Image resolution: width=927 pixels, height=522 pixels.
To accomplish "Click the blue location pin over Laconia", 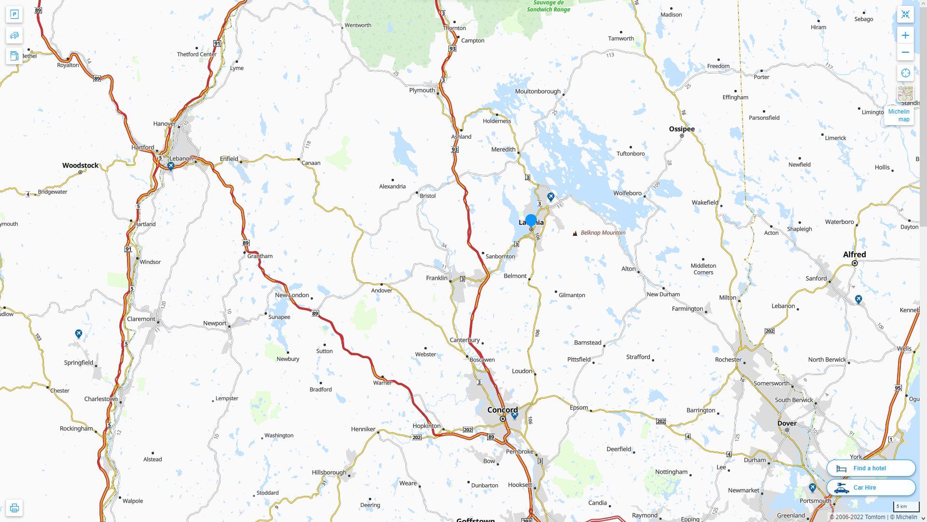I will tap(531, 221).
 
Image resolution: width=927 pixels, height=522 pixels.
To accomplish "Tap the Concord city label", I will tap(502, 410).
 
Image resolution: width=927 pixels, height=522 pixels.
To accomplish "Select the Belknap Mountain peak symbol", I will tap(575, 233).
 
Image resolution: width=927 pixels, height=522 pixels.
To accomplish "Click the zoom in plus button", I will tap(905, 35).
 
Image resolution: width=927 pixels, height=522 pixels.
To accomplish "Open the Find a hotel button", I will tap(871, 468).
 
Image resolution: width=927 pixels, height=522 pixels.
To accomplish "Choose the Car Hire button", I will tap(871, 487).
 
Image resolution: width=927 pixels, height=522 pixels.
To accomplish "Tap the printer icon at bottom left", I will tap(14, 507).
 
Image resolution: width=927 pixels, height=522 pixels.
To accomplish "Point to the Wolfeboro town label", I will tap(627, 193).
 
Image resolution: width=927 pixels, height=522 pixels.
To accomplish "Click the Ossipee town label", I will tap(681, 129).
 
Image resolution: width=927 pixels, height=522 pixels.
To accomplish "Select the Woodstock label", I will tap(80, 165).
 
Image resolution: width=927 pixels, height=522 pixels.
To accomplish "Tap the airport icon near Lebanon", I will tap(170, 166).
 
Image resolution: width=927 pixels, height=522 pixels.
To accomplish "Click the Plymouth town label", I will tap(421, 90).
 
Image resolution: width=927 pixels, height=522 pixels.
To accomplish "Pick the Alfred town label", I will tap(854, 254).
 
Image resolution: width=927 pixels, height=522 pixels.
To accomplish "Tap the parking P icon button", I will tap(14, 14).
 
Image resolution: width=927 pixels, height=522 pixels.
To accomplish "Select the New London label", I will tap(292, 295).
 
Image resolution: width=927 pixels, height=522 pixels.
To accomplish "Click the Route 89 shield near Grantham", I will tap(245, 243).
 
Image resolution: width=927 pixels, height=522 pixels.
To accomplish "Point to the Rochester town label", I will tap(728, 360).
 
